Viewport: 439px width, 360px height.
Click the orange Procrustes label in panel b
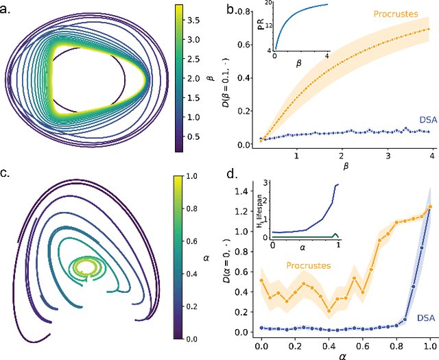tap(397, 14)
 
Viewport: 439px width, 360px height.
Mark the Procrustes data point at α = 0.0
tap(261, 280)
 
